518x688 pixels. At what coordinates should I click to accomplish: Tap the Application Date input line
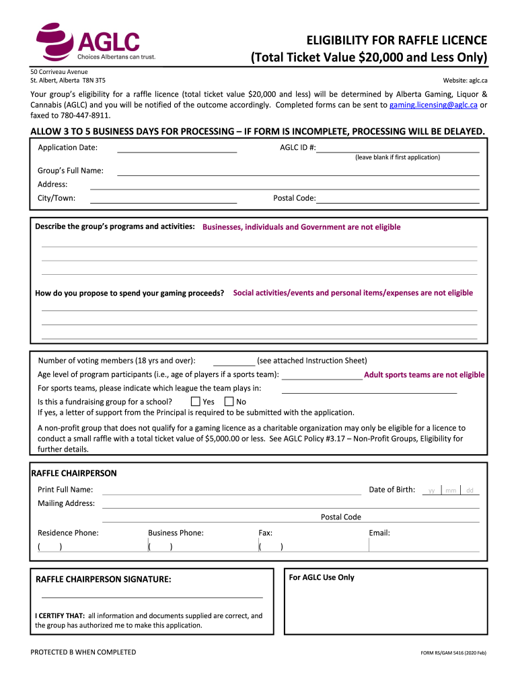[x=177, y=147]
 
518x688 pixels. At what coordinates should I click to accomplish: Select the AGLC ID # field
[x=398, y=147]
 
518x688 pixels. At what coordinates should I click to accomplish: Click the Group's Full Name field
[x=298, y=171]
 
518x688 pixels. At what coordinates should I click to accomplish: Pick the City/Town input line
[x=163, y=198]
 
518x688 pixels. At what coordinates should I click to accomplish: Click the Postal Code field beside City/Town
[x=398, y=198]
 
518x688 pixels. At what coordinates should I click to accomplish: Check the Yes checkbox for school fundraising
[x=196, y=402]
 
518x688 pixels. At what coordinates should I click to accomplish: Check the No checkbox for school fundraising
[x=229, y=402]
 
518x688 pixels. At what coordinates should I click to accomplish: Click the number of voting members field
[x=233, y=361]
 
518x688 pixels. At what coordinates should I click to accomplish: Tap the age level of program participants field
[x=322, y=374]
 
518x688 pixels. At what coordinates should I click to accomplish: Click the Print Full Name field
[x=231, y=489]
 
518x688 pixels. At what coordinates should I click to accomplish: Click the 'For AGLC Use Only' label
[x=322, y=578]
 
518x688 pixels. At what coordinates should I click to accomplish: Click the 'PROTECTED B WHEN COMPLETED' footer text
[x=83, y=652]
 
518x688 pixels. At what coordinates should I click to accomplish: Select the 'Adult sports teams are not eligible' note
[x=424, y=375]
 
